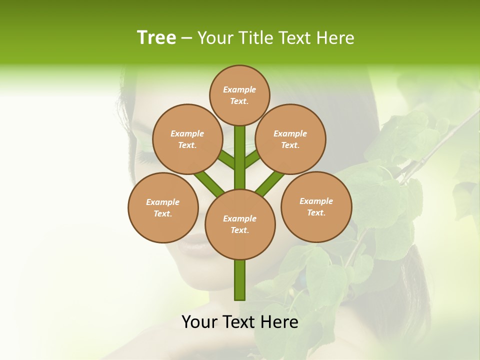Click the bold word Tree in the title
coord(156,37)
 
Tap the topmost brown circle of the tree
coord(239,95)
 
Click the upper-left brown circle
coord(187,139)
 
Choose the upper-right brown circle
coord(290,139)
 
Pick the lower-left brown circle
coord(163,207)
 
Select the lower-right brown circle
coord(316,206)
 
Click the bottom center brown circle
coord(240,224)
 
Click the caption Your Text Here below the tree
coord(239,322)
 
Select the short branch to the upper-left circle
coord(227,159)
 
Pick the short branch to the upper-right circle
coord(252,158)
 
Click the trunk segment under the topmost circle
coord(240,150)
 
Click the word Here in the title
coord(335,38)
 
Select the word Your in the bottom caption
coord(199,322)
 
